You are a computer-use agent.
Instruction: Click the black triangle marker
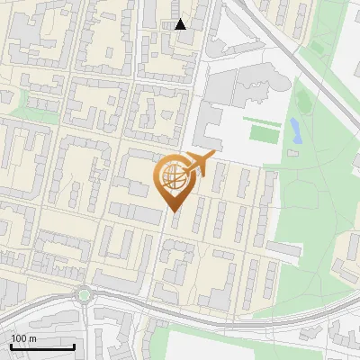(181, 24)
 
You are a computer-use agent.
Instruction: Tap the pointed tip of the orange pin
(174, 212)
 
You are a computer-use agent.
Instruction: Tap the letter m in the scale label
(33, 338)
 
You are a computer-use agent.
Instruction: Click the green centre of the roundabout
(84, 293)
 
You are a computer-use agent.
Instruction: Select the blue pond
(294, 132)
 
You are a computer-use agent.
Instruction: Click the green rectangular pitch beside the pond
(263, 135)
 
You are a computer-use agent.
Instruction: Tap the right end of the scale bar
(74, 346)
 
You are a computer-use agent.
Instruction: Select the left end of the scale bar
(11, 346)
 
